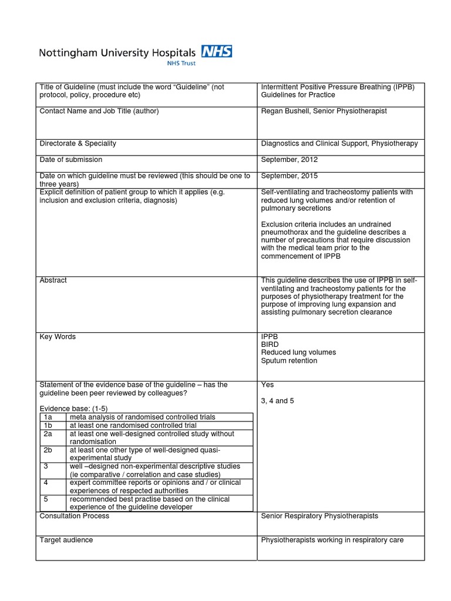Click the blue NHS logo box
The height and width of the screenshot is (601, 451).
216,52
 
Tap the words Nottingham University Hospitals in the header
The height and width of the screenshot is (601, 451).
117,53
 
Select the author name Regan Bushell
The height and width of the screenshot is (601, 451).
285,111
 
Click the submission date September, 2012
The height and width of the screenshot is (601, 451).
289,160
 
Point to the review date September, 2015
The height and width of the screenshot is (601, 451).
289,175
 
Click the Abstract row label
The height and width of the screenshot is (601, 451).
53,281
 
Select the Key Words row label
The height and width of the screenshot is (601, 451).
57,337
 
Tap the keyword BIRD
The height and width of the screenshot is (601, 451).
270,345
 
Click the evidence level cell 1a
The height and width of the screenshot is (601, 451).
49,417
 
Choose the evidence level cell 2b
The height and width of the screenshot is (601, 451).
49,450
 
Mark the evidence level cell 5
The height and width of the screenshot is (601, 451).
46,499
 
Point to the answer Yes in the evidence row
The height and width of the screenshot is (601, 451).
267,385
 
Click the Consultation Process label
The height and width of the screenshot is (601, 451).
74,516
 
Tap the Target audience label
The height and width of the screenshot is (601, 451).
66,540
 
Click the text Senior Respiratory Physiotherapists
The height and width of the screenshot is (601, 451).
319,516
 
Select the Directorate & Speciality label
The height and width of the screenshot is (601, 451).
78,143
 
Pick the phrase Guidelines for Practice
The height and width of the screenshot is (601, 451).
298,95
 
